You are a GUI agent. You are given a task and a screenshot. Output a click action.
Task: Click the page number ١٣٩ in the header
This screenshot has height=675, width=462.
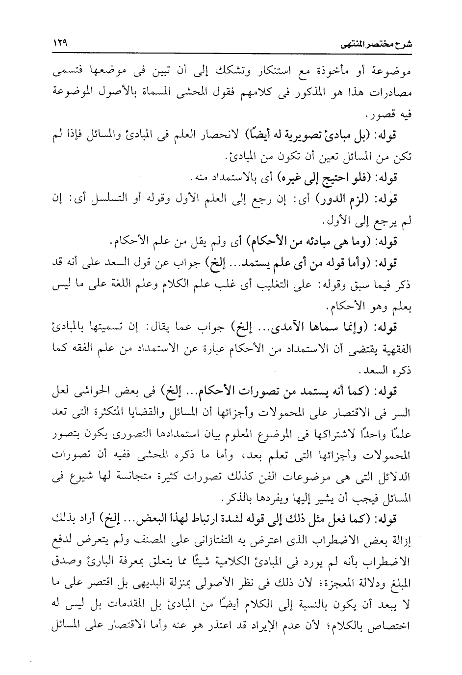click(x=59, y=43)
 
